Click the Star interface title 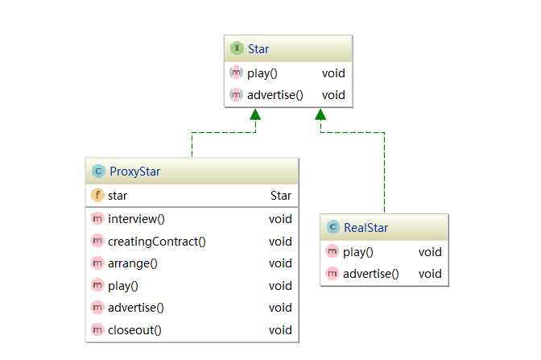pyautogui.click(x=258, y=49)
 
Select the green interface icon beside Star pyautogui.click(x=237, y=49)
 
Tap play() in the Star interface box pyautogui.click(x=262, y=73)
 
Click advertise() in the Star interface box pyautogui.click(x=275, y=95)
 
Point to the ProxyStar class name pyautogui.click(x=134, y=172)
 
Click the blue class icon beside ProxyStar pyautogui.click(x=98, y=172)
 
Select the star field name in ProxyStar pyautogui.click(x=118, y=195)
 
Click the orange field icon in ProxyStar pyautogui.click(x=97, y=195)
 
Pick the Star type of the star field pyautogui.click(x=281, y=195)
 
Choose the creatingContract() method pyautogui.click(x=156, y=241)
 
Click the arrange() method pyautogui.click(x=132, y=263)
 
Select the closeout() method pyautogui.click(x=134, y=329)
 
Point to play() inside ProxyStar pyautogui.click(x=123, y=285)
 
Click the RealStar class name pyautogui.click(x=365, y=228)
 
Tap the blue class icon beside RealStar pyautogui.click(x=332, y=228)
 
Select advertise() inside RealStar pyautogui.click(x=370, y=273)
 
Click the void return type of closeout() pyautogui.click(x=280, y=329)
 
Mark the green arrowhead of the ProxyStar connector pyautogui.click(x=255, y=114)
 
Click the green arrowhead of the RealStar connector pyautogui.click(x=320, y=114)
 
